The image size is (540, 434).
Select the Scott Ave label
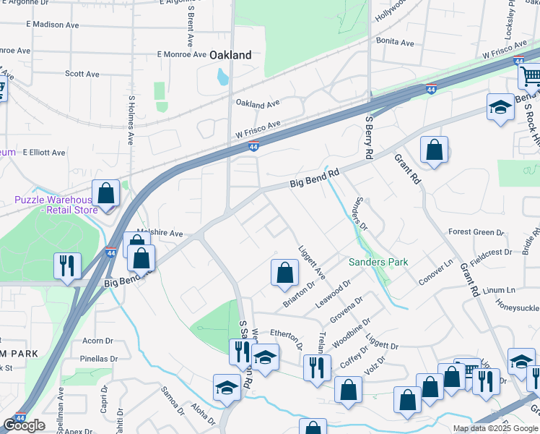pyautogui.click(x=82, y=74)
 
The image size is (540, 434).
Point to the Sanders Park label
pyautogui.click(x=378, y=262)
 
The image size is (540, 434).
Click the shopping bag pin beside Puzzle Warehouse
pyautogui.click(x=106, y=194)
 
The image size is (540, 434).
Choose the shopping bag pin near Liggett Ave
pyautogui.click(x=284, y=273)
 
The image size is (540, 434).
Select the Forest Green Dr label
pyautogui.click(x=476, y=232)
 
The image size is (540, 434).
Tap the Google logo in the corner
pyautogui.click(x=24, y=425)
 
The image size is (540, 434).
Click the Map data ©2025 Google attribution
pyautogui.click(x=495, y=428)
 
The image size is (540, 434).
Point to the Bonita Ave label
pyautogui.click(x=394, y=43)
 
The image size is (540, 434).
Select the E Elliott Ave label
pyautogui.click(x=43, y=153)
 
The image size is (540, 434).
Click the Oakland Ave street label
pyautogui.click(x=257, y=104)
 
